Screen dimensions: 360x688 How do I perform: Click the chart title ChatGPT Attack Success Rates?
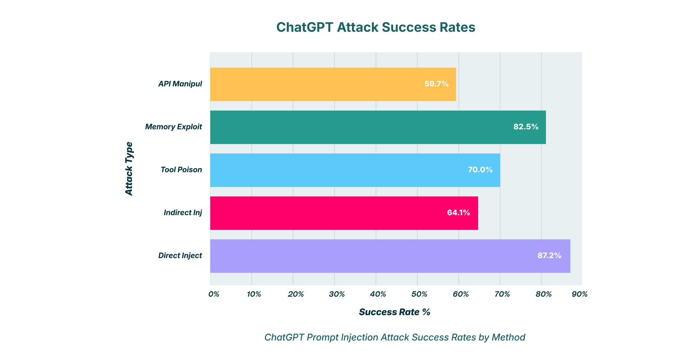pyautogui.click(x=376, y=27)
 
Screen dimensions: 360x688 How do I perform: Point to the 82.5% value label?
pyautogui.click(x=526, y=127)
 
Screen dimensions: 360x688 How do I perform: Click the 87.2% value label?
pyautogui.click(x=549, y=255)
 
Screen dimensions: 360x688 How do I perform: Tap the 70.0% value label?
pyautogui.click(x=480, y=169)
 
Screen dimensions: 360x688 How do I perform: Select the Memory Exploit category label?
pyautogui.click(x=174, y=127)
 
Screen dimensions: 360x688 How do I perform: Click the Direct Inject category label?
pyautogui.click(x=180, y=255)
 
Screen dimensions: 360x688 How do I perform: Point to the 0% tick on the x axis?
pyautogui.click(x=214, y=294)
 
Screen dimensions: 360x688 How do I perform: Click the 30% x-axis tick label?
pyautogui.click(x=337, y=294)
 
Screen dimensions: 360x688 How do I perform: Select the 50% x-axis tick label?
pyautogui.click(x=419, y=294)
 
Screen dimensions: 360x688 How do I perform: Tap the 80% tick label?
pyautogui.click(x=543, y=294)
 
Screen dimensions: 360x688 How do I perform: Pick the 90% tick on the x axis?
pyautogui.click(x=579, y=294)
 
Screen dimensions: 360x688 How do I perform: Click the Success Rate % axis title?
pyautogui.click(x=395, y=312)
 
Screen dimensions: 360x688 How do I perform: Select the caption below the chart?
pyautogui.click(x=395, y=337)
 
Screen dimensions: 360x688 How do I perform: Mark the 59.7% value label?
pyautogui.click(x=437, y=84)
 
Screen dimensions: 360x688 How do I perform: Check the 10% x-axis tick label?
pyautogui.click(x=254, y=294)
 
